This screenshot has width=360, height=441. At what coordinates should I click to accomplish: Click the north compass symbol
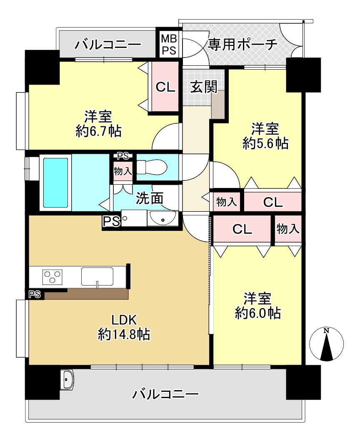pos(326,344)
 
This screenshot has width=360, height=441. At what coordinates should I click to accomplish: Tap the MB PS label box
pos(169,44)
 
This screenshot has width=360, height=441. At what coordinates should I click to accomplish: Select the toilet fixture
pos(152,167)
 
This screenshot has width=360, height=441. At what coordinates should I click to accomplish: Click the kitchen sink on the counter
pos(97,276)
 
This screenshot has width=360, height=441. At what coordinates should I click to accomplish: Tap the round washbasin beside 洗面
pos(162,218)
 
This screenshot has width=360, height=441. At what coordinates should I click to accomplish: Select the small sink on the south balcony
pos(67,380)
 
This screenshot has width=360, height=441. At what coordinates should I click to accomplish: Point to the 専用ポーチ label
pos(242,45)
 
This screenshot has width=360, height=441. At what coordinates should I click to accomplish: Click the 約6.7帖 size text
pos(98,131)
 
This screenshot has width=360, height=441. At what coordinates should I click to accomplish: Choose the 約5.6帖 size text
pos(265,144)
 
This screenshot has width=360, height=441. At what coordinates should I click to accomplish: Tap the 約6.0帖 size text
pos(257,313)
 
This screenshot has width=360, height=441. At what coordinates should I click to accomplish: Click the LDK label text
pos(124,320)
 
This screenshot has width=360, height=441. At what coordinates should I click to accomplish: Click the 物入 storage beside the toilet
pos(122,171)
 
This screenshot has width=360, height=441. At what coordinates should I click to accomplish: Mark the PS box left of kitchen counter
pos(35,294)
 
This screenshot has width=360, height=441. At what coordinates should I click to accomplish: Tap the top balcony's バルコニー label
pos(108,45)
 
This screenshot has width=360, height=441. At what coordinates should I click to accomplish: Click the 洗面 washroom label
pos(149,198)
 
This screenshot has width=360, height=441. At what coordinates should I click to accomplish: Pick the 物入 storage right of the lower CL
pos(288,229)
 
